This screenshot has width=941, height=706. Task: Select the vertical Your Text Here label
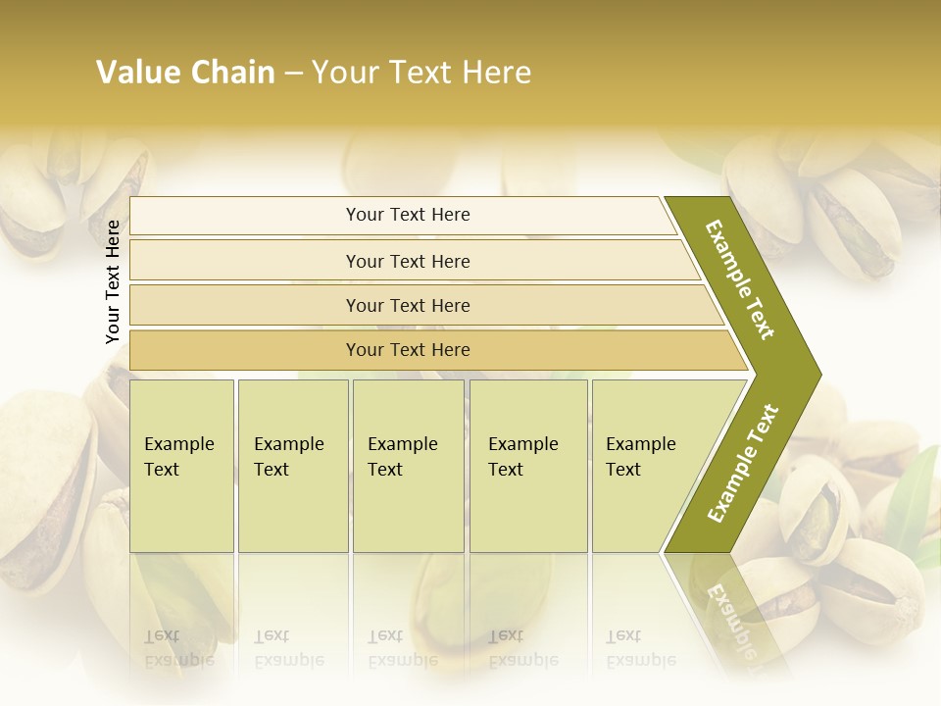[114, 281]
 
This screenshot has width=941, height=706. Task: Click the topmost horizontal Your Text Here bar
[408, 215]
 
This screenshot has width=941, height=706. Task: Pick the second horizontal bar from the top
[408, 261]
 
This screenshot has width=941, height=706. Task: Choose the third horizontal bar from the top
[408, 305]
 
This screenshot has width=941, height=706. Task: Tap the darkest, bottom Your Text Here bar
[408, 350]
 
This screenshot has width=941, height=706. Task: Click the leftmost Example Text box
[181, 465]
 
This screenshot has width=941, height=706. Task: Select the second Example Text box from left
[292, 465]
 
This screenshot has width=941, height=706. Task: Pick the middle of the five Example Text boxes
[408, 465]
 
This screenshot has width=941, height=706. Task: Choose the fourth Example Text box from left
[527, 465]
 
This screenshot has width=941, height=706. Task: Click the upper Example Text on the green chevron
[740, 279]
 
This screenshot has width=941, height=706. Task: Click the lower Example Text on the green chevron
[743, 464]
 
